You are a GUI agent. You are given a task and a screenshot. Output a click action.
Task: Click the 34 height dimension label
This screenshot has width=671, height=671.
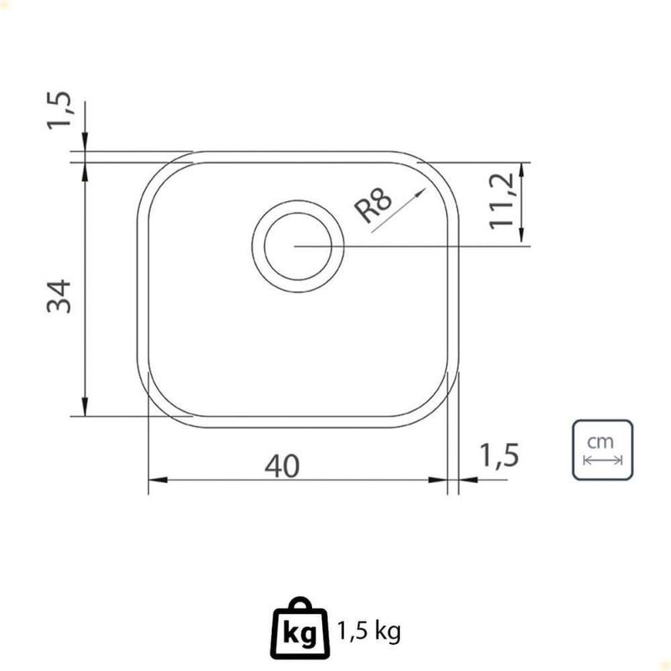59,296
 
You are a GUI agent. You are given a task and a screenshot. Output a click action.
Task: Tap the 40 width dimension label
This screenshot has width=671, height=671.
282,466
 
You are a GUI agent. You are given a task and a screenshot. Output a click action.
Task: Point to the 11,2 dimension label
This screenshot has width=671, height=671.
502,201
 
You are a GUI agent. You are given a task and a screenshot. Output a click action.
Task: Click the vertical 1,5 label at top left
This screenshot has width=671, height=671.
59,111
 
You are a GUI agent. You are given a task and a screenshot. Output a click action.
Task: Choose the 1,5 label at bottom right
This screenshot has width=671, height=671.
499,455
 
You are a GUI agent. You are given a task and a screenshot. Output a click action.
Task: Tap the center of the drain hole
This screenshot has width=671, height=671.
298,246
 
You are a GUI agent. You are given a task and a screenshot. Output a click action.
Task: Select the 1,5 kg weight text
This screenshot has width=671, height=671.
369,632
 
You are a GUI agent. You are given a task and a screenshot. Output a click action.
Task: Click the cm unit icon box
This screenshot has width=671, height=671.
602,450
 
